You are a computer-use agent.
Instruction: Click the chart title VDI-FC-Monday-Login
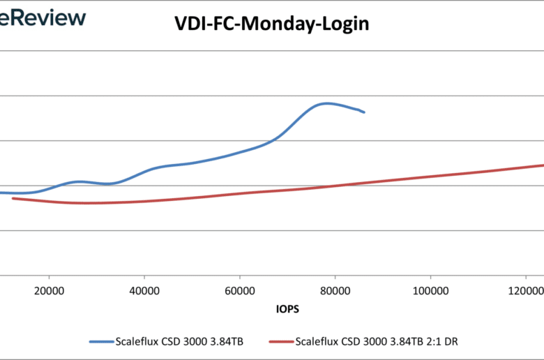coord(271,24)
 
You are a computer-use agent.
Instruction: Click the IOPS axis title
coord(287,306)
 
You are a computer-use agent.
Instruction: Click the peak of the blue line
coord(326,103)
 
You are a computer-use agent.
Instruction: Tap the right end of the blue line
coord(364,112)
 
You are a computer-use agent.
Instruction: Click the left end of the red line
coord(13,198)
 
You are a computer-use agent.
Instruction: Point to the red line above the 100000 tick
coord(430,176)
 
